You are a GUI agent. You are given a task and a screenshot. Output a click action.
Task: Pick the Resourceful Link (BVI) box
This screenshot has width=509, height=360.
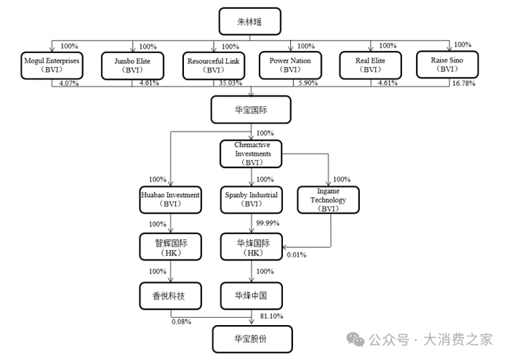(212, 65)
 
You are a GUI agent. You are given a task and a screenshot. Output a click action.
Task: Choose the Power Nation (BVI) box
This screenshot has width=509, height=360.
(291, 65)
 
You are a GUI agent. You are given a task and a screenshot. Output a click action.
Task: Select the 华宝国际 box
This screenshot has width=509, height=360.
(252, 110)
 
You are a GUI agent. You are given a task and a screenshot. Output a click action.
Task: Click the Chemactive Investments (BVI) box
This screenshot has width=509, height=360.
(252, 153)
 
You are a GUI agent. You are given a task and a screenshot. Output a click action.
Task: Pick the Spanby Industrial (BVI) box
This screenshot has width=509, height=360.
(252, 199)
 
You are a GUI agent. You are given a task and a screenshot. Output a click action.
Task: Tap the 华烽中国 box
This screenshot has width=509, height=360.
(252, 295)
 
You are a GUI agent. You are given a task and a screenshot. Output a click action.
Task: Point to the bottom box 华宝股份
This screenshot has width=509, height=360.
(252, 339)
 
